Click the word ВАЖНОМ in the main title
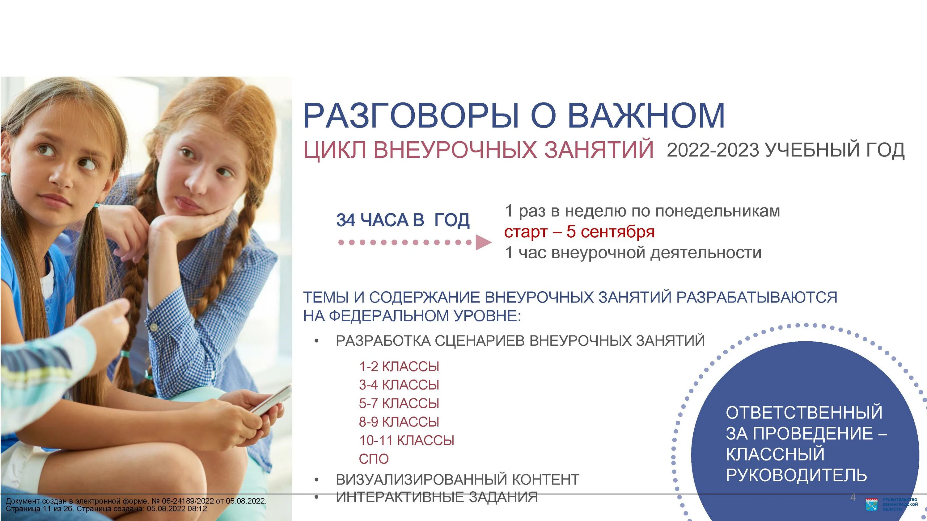coord(646,116)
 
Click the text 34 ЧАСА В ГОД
coord(403,220)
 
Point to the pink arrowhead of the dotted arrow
coord(483,242)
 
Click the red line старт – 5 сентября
coord(579,232)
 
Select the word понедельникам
coord(717,211)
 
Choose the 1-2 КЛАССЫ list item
coord(399,367)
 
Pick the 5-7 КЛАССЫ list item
coord(399,403)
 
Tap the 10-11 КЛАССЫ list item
coord(406,440)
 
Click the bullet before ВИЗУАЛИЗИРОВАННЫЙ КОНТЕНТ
coord(316,480)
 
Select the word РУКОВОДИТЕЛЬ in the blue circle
coord(796,475)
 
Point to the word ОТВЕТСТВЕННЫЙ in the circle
coord(804,412)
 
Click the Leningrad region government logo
coord(871,504)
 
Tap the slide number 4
coord(853,498)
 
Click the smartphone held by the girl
coord(272,401)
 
